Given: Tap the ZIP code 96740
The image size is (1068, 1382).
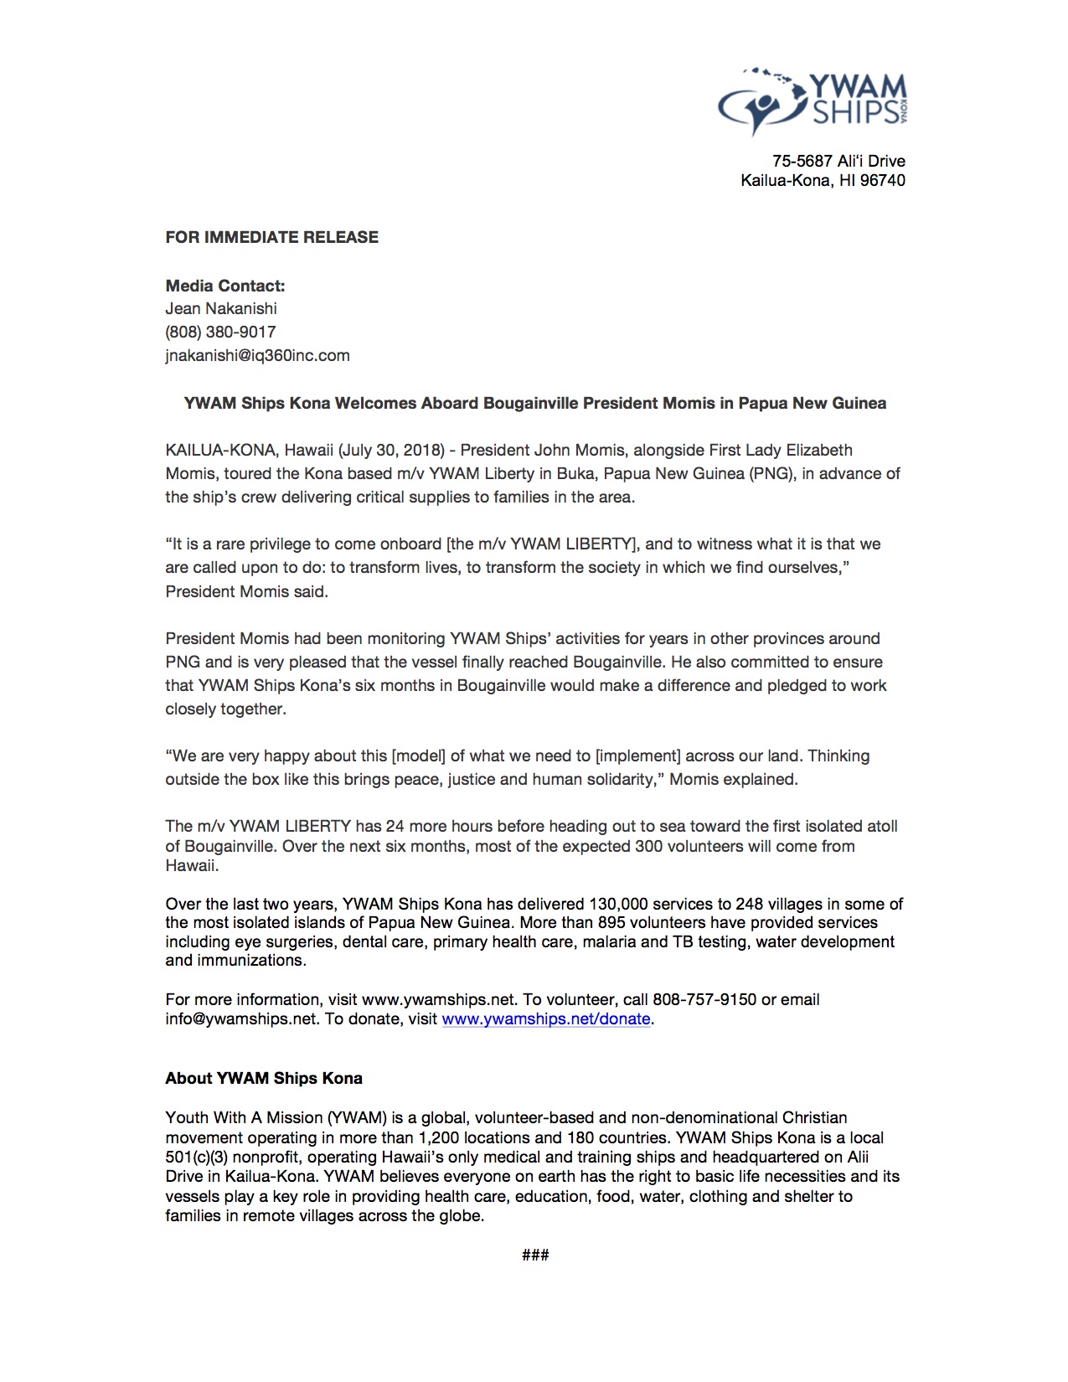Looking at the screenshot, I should pos(882,180).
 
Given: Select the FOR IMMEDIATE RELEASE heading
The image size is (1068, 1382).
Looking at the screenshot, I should pos(271,237).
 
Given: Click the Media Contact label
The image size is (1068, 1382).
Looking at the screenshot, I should pos(224,286).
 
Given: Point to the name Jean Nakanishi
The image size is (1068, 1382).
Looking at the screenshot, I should pos(220,308).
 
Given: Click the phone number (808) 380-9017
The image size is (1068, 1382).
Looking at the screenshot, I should pos(220,332).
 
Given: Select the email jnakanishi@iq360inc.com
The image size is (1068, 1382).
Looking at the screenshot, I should pos(257,355).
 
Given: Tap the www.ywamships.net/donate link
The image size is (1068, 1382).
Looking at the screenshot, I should pos(545,1018).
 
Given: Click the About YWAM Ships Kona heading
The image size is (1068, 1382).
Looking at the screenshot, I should pos(264,1078).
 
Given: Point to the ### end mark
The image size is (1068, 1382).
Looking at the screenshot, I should pos(535,1254).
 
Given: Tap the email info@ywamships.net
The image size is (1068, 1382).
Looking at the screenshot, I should pos(241,1018).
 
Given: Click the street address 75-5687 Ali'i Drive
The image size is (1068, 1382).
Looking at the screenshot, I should pos(838,161).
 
